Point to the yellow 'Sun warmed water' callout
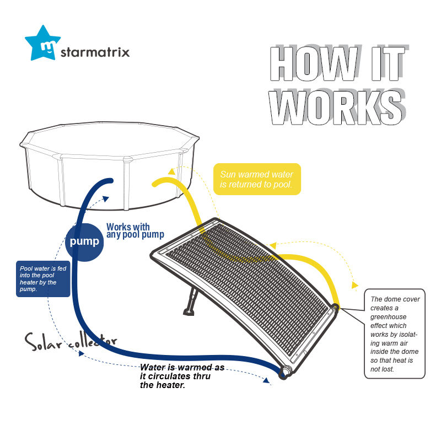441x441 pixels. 257,179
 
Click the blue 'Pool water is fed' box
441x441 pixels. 43,278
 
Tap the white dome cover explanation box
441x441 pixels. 395,333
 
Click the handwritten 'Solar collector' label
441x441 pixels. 70,341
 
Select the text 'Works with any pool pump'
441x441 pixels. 135,231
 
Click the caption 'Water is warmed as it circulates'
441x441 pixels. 182,375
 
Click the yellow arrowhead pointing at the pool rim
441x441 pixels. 172,171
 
